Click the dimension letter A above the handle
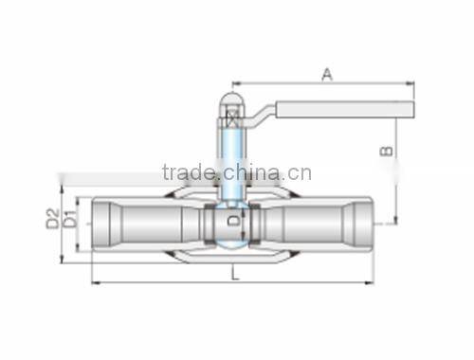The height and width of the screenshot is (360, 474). (327, 74)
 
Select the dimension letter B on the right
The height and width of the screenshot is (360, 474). (386, 151)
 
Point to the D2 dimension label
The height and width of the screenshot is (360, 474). (53, 219)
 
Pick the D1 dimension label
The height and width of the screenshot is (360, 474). (67, 220)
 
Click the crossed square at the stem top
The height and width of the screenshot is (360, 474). (232, 119)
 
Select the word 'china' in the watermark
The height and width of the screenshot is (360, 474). (250, 172)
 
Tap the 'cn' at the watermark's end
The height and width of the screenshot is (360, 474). (301, 172)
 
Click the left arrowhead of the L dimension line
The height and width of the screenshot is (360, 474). (95, 282)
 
